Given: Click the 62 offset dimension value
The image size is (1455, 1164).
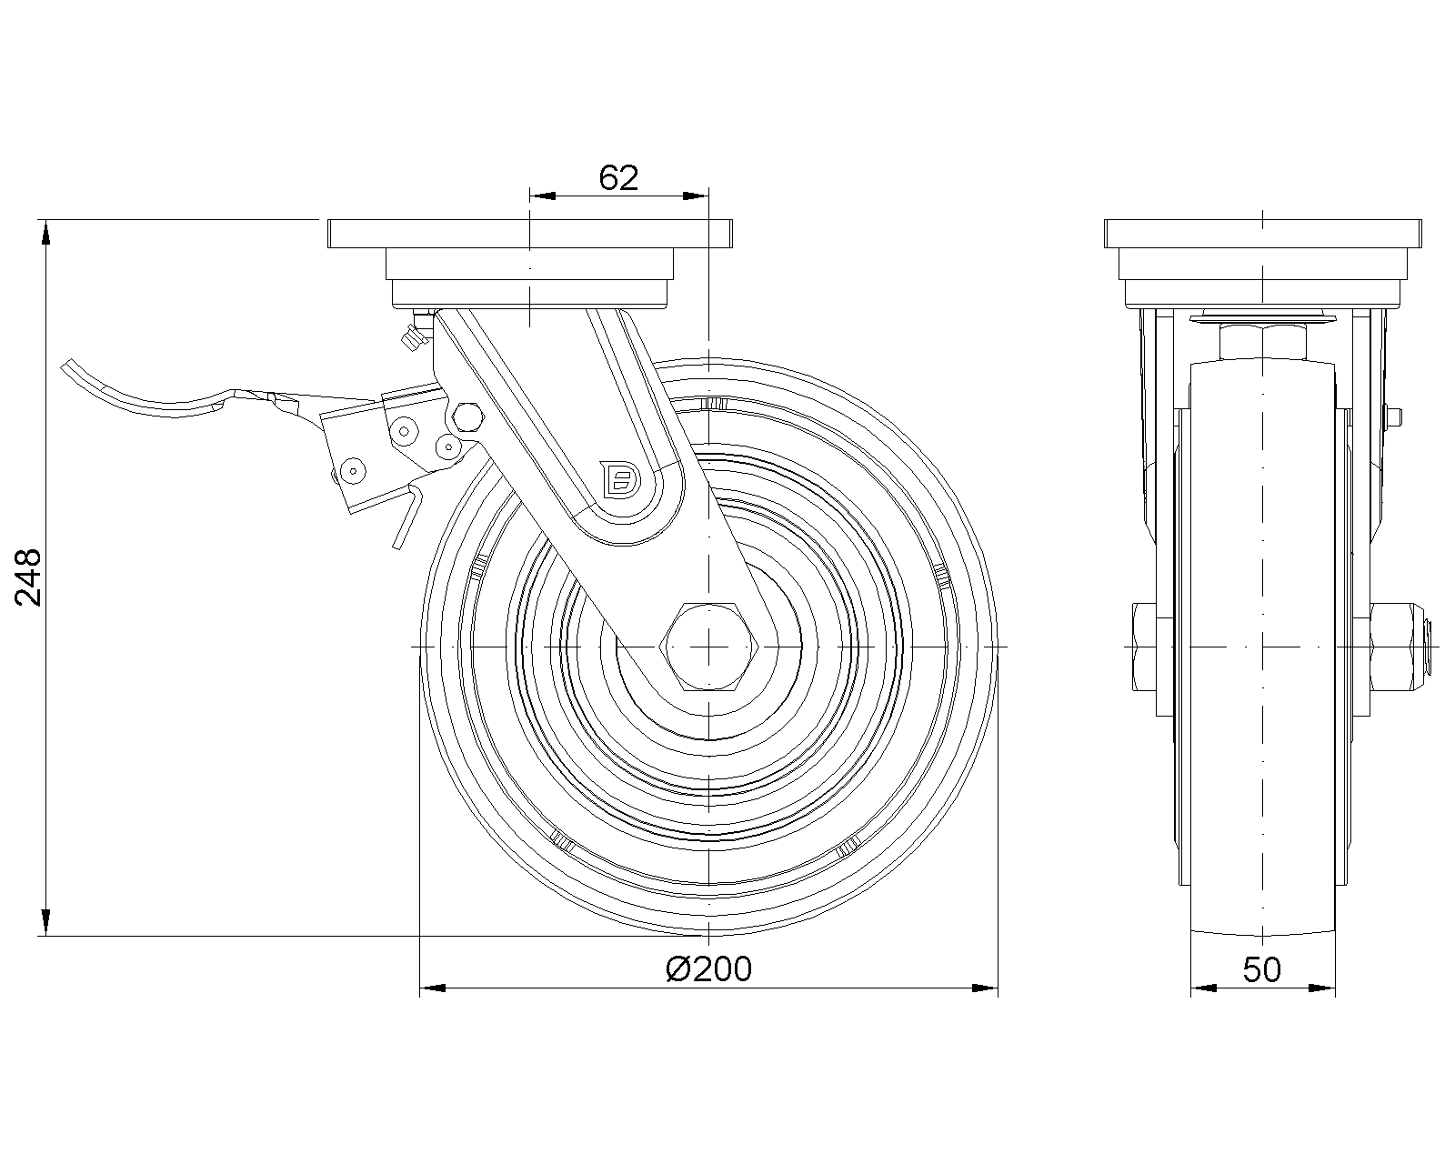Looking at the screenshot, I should point(618,178).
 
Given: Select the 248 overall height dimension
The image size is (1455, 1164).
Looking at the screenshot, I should point(29,577).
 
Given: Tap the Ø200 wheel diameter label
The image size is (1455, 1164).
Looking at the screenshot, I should point(709,969).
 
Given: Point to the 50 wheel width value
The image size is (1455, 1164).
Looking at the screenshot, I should point(1262,970).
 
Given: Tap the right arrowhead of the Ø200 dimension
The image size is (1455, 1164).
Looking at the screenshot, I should point(986,988).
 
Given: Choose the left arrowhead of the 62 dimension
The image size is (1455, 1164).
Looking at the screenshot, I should point(541,196).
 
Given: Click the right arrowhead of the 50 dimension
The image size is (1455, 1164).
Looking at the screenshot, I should point(1323,988).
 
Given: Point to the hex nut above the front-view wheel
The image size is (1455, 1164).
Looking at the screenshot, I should point(1262,342).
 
